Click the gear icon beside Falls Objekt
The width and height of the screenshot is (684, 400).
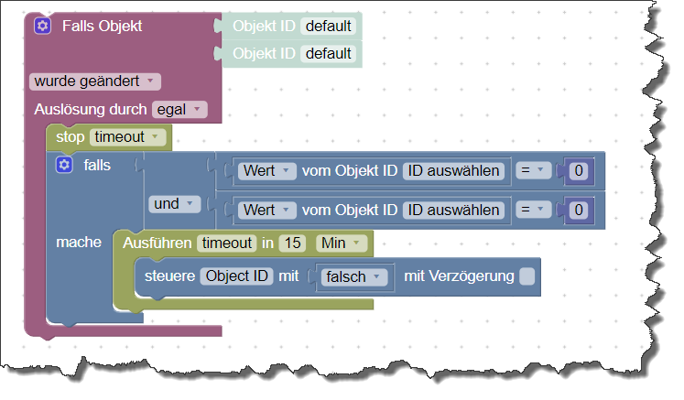42,26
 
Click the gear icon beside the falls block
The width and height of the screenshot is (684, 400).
63,165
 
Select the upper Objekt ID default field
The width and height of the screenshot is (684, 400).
329,26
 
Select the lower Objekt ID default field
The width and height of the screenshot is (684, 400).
329,53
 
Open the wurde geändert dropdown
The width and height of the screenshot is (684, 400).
94,81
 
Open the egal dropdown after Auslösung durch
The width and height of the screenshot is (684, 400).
179,109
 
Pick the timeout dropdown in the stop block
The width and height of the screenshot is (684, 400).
128,137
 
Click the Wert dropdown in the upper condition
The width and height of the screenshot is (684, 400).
266,170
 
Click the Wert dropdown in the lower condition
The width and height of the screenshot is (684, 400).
266,210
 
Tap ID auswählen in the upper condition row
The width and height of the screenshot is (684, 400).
454,170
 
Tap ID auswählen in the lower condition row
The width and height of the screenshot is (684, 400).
454,210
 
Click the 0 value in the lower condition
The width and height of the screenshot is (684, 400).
578,210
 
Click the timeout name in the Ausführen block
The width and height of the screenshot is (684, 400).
227,243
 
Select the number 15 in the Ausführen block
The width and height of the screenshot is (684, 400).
292,243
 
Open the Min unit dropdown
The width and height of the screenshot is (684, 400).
341,243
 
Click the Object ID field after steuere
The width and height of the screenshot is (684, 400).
236,276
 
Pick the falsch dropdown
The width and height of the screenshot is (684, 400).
352,276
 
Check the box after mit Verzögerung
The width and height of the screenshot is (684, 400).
527,276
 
